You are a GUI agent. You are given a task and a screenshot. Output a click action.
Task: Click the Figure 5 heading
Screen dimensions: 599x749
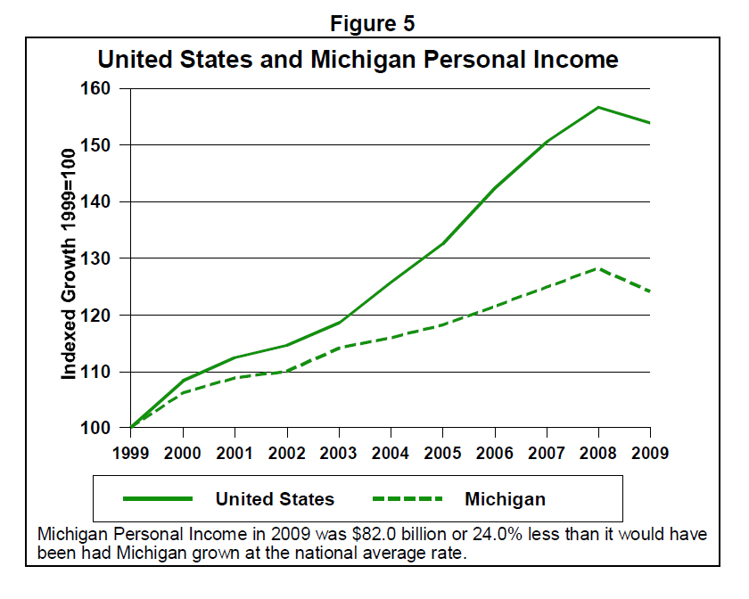pyautogui.click(x=373, y=24)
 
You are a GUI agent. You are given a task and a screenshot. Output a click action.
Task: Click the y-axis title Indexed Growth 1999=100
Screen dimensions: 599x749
pyautogui.click(x=69, y=258)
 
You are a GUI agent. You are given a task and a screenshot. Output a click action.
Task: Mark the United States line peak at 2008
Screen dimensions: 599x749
pyautogui.click(x=598, y=107)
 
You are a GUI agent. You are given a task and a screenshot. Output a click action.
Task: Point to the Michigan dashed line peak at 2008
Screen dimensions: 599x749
pyautogui.click(x=598, y=267)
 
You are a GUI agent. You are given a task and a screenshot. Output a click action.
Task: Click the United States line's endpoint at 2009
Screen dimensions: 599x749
pyautogui.click(x=650, y=123)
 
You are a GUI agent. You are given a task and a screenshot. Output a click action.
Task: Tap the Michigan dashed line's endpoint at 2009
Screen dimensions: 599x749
pyautogui.click(x=650, y=291)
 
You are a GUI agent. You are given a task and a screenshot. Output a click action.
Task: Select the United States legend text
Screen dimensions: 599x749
pyautogui.click(x=275, y=499)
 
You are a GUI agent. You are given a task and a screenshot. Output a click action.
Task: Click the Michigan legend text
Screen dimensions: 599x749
pyautogui.click(x=505, y=499)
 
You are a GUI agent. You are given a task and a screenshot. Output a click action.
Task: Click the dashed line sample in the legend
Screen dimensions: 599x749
pyautogui.click(x=406, y=499)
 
